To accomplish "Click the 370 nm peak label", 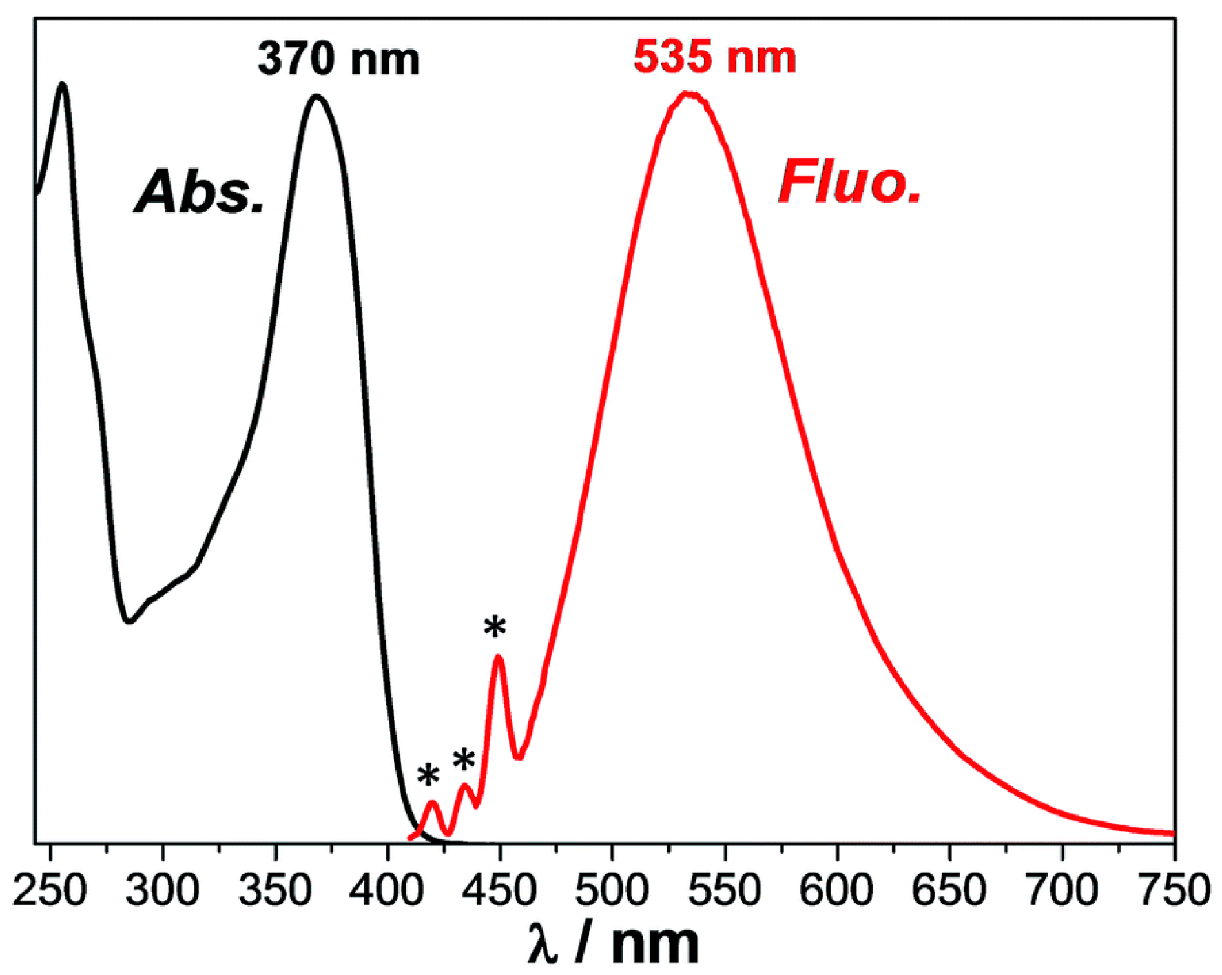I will click(338, 59).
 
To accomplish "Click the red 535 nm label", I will click(714, 57).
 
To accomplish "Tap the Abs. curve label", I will click(200, 192).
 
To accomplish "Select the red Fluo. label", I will click(849, 182).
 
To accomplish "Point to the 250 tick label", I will click(50, 890).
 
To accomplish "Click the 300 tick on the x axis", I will click(163, 890).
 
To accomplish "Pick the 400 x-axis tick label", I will click(387, 890).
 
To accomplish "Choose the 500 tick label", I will click(612, 890).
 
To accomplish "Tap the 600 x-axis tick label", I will click(836, 890).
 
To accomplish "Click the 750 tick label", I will click(1174, 890).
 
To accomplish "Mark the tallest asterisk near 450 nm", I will click(495, 628).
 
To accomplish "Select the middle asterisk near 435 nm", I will click(464, 761).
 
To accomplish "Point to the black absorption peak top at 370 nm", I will click(317, 97).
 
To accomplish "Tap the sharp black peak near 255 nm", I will click(63, 85).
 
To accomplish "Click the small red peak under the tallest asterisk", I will click(498, 657).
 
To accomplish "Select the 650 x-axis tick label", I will click(949, 890).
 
